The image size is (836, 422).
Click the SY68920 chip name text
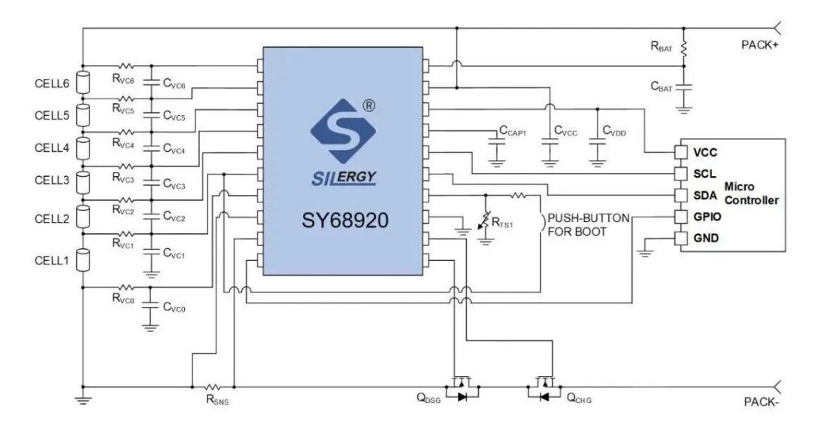coord(342,223)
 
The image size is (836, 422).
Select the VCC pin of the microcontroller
coord(706,151)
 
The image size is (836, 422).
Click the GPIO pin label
coord(707,217)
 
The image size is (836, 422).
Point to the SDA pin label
coord(705,195)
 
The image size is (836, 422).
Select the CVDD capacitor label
coord(613,132)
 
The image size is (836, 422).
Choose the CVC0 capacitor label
coord(175,308)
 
